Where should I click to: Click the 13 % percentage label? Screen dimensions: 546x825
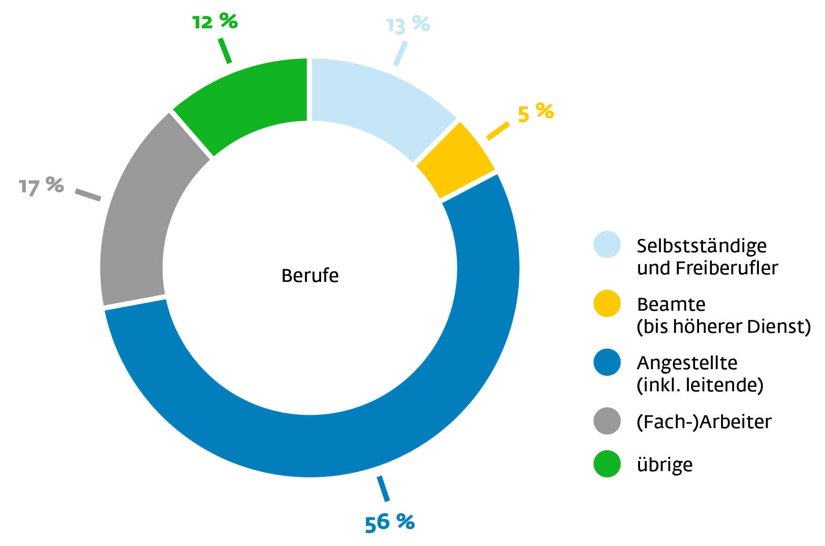coord(408,24)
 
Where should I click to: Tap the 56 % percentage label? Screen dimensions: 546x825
coord(389,523)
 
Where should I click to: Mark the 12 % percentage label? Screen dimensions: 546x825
coord(215,22)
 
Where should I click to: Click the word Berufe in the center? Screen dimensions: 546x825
coord(310,276)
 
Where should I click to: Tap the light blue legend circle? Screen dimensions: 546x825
coord(607,244)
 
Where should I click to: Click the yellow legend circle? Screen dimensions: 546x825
coord(607,304)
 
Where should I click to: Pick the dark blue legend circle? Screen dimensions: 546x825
coord(607,363)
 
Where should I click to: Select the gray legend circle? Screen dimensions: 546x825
coord(607,421)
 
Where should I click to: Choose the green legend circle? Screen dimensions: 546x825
coord(607,464)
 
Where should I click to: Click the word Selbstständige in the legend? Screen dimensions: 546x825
coord(702,246)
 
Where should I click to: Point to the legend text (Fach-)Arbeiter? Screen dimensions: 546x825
coord(704,422)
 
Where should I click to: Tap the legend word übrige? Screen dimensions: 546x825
coord(664,465)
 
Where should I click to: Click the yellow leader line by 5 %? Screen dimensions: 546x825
coord(498,131)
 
